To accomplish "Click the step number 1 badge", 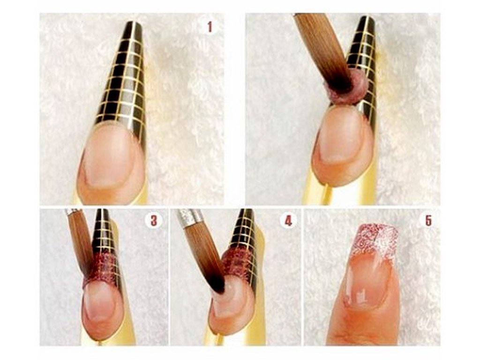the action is (210, 27).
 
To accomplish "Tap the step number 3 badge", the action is (153, 220).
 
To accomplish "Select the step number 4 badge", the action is (288, 220).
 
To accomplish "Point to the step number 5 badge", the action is (428, 220).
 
